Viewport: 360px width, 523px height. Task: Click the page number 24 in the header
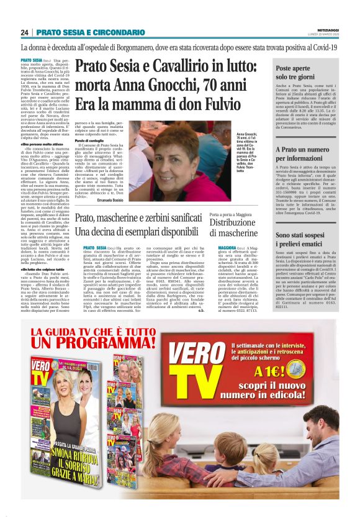(25, 32)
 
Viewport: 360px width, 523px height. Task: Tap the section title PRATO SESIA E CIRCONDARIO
(90, 32)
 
